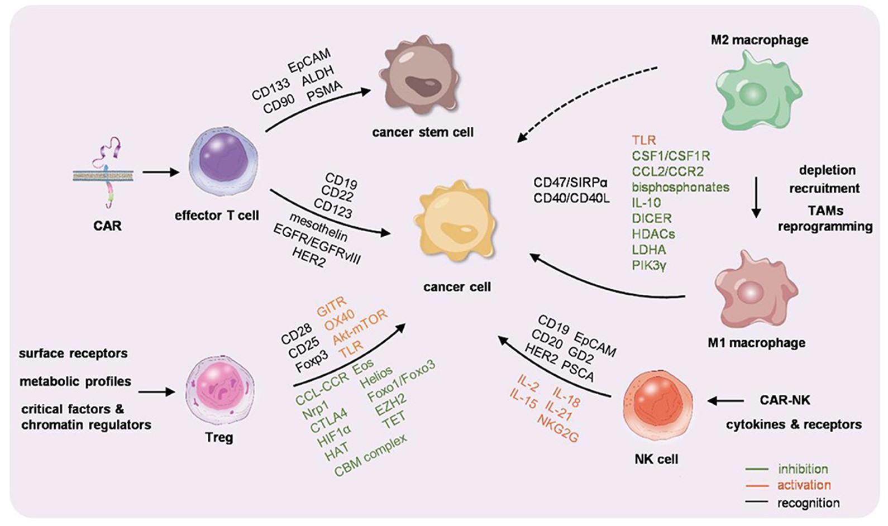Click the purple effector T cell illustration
tap(223, 162)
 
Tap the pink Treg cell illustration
tap(219, 391)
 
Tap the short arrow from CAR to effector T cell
tap(161, 172)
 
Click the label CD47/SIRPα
tap(570, 183)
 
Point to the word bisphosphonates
tap(680, 187)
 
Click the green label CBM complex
tap(371, 456)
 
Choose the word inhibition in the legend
tap(803, 469)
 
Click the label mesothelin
tap(318, 227)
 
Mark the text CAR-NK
tap(784, 400)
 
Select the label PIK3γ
tap(649, 265)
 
